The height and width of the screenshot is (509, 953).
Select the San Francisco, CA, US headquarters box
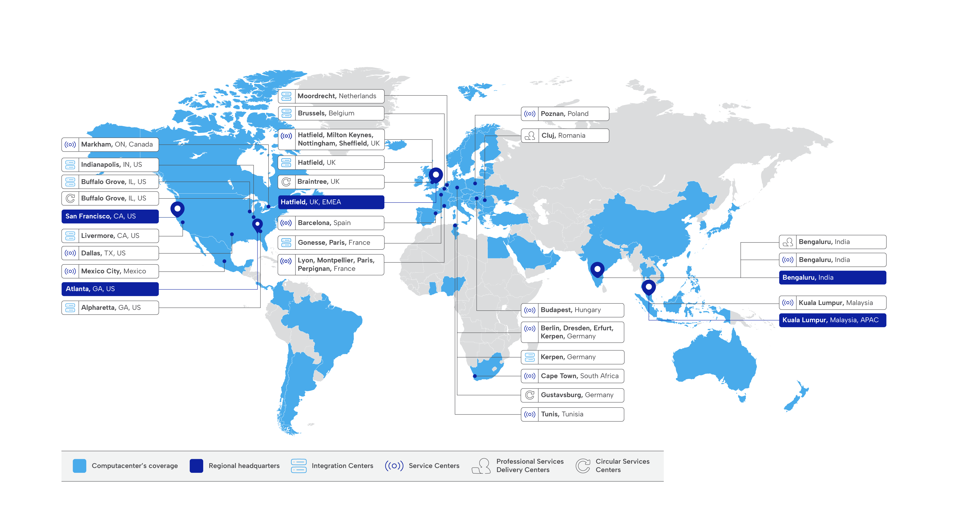[x=110, y=216]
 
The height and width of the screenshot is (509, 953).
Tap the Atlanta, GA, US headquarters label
[x=110, y=289]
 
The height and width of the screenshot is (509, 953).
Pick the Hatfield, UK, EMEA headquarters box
[x=331, y=202]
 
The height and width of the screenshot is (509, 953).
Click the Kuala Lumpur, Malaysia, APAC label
[x=832, y=320]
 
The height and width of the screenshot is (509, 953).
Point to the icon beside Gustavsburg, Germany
[x=530, y=395]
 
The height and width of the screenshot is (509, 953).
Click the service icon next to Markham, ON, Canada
[x=70, y=145]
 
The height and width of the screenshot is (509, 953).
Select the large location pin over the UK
[x=436, y=175]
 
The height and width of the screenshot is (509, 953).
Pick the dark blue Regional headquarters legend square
[x=196, y=466]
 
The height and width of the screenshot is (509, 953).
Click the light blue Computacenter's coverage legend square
[x=79, y=466]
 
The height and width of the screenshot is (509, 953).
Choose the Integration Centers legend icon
[x=299, y=466]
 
